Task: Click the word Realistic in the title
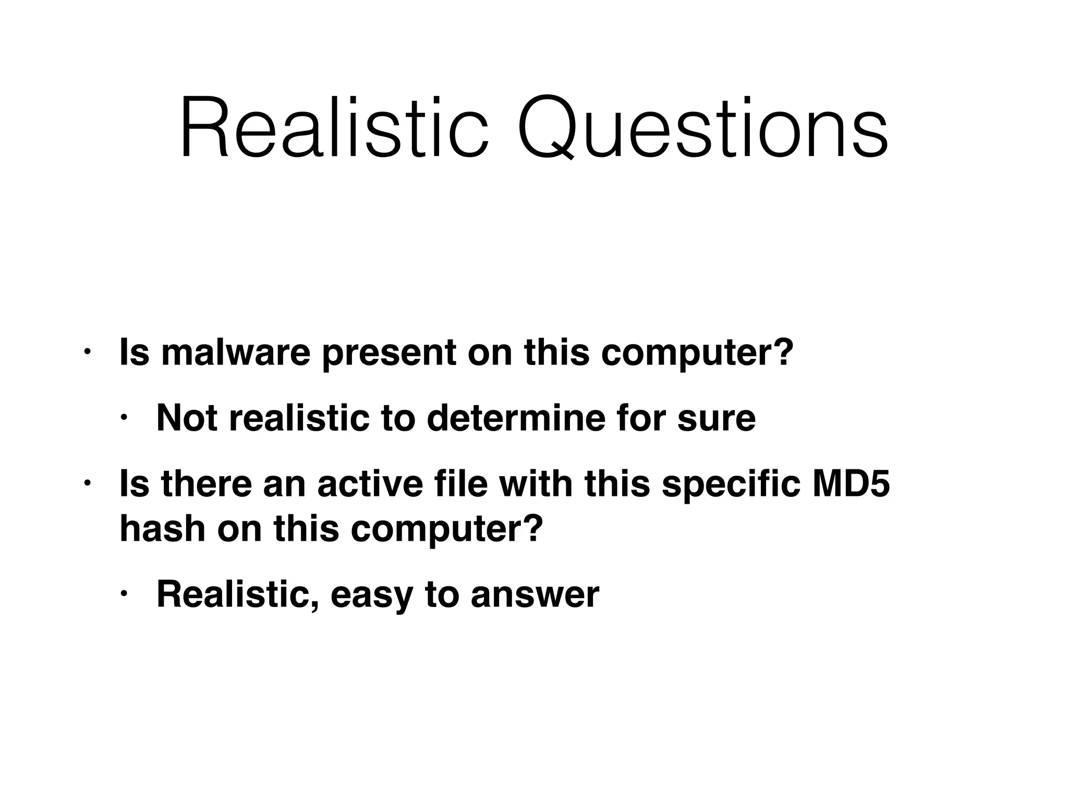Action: point(334,128)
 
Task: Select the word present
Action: point(389,353)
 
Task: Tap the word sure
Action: point(717,418)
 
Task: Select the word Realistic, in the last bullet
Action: point(237,594)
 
